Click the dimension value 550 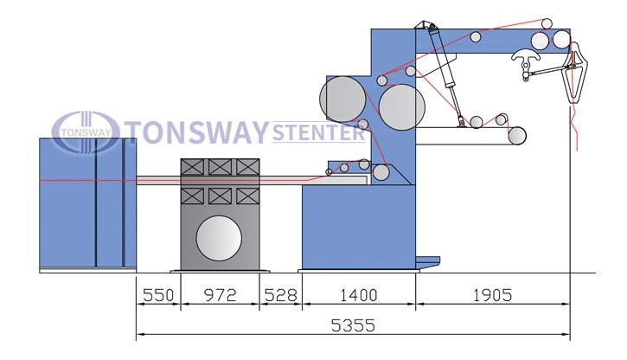click(158, 295)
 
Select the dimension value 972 click(220, 295)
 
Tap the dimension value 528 click(281, 295)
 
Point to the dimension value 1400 click(359, 295)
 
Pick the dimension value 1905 click(492, 295)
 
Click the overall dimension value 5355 click(353, 325)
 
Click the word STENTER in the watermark click(318, 132)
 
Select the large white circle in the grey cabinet click(219, 238)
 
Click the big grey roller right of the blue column click(401, 106)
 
